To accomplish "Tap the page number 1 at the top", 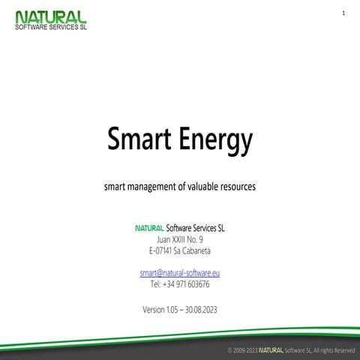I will click(343, 14).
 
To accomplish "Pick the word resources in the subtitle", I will click(241, 184).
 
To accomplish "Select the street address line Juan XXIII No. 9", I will click(180, 239).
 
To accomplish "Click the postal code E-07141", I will click(163, 250).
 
